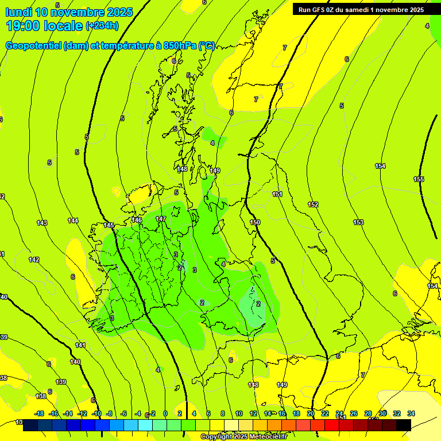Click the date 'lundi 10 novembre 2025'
pyautogui.click(x=69, y=12)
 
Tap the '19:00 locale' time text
pyautogui.click(x=44, y=25)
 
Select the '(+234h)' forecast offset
pyautogui.click(x=102, y=26)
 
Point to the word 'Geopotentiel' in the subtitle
pyautogui.click(x=34, y=46)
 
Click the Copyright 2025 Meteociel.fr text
pyautogui.click(x=244, y=437)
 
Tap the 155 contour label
pyautogui.click(x=419, y=180)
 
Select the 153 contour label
pyautogui.click(x=358, y=222)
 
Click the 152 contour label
pyautogui.click(x=313, y=205)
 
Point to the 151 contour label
pyautogui.click(x=277, y=195)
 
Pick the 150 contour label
pyautogui.click(x=255, y=222)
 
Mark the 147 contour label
pyautogui.click(x=161, y=219)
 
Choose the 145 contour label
pyautogui.click(x=109, y=225)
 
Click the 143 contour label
pyautogui.click(x=42, y=223)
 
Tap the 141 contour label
pyautogui.click(x=80, y=345)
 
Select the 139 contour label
pyautogui.click(x=61, y=382)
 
